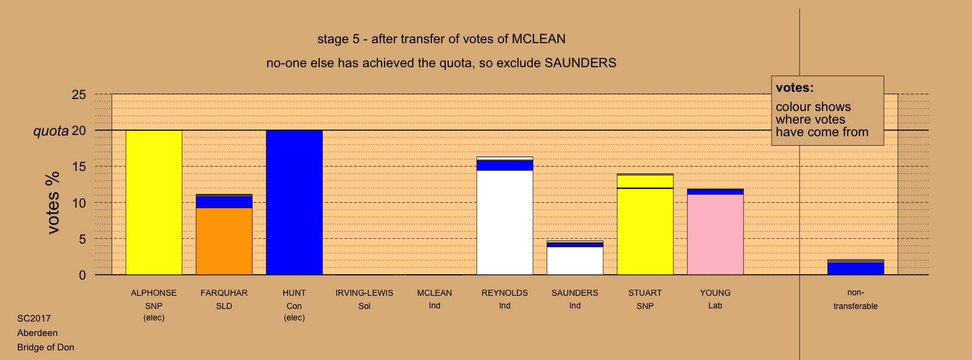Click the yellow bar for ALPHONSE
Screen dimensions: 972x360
coord(154,203)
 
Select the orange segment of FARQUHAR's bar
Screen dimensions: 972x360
coord(224,241)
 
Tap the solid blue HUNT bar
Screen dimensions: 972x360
coord(294,203)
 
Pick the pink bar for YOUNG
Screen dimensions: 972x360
coord(715,235)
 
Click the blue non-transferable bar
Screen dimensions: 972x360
coord(856,268)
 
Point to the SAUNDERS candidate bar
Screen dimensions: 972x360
coord(575,257)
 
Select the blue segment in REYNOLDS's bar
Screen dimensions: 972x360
coord(505,165)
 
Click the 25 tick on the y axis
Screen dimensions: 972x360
coord(79,95)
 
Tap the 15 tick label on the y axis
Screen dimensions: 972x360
coord(79,167)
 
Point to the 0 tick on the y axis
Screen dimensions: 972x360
coord(82,275)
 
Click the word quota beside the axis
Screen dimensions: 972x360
coord(51,131)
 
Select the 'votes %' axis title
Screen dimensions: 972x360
coord(53,203)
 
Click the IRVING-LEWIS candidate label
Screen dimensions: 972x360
coord(364,293)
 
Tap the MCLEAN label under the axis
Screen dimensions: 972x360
coord(434,293)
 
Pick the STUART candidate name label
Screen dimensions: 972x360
coord(645,293)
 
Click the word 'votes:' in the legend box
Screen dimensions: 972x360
coord(794,88)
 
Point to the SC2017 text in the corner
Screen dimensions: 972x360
coord(34,319)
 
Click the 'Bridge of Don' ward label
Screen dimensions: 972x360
coord(46,347)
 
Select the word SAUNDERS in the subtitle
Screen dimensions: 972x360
coord(580,63)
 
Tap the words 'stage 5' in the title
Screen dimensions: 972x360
coord(338,40)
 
